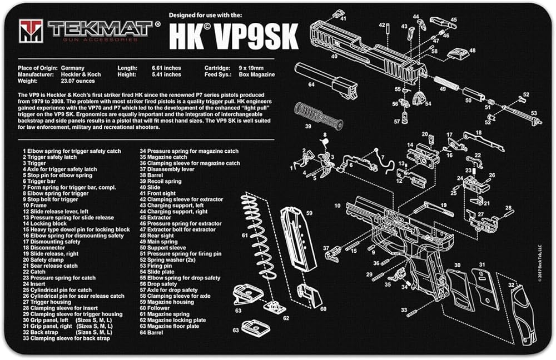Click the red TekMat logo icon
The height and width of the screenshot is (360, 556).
[x=31, y=31]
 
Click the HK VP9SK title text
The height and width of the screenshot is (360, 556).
[x=234, y=37]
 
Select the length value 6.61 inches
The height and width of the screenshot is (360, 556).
[x=166, y=68]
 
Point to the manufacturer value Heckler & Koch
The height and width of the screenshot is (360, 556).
[x=81, y=74]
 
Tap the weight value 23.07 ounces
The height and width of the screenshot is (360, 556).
[x=78, y=81]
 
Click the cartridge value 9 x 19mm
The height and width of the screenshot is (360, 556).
[x=251, y=68]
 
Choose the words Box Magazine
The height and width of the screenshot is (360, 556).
[x=257, y=74]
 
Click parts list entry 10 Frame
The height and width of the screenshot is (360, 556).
[x=34, y=206]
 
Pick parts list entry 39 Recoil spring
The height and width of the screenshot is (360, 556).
[x=160, y=182]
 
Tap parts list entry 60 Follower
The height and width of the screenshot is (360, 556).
[x=155, y=308]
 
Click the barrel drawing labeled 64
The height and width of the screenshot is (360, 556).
[x=325, y=81]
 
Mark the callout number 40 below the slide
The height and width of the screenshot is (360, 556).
[x=334, y=56]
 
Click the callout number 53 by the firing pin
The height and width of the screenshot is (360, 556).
[x=534, y=113]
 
